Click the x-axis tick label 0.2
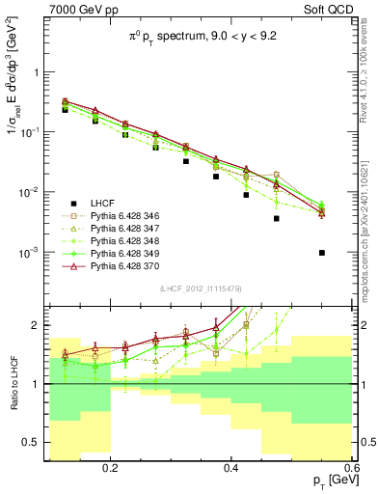(x=111, y=468)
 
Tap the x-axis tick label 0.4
(x=231, y=468)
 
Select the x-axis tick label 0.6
(x=350, y=468)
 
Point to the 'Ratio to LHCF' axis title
(x=14, y=385)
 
